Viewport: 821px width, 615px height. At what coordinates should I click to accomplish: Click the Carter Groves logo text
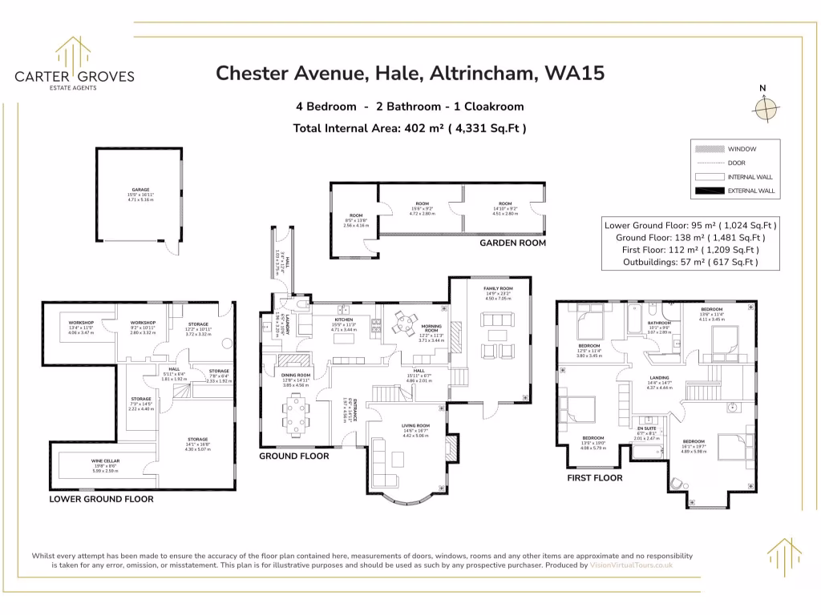(75, 77)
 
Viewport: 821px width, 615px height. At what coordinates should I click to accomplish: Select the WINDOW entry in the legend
(741, 149)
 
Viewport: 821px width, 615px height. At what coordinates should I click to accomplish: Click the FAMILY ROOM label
(497, 288)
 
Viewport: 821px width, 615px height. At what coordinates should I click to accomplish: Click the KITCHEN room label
(343, 320)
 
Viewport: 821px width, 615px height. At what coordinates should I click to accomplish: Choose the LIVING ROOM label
(415, 425)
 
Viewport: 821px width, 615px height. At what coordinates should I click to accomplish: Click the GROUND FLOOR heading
(293, 456)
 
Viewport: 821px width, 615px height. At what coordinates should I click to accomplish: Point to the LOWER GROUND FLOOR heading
(101, 499)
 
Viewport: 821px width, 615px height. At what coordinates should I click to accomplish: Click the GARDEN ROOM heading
(512, 243)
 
